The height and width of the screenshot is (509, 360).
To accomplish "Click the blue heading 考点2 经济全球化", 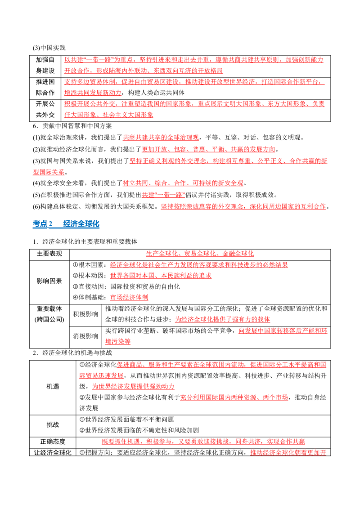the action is point(66,223).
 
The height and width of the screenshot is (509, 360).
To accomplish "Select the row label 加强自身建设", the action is point(45,65).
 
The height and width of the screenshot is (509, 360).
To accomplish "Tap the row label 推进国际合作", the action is point(45,87).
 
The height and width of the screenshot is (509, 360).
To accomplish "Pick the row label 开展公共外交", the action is point(45,109).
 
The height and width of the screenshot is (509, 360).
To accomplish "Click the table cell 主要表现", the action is point(49,254).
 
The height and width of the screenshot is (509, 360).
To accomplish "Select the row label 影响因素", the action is point(49,281).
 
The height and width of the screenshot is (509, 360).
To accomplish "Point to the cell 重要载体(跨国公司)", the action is point(49,314).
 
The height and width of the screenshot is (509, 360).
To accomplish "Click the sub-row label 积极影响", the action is point(85,314).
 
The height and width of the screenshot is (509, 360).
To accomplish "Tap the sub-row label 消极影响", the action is point(85,336).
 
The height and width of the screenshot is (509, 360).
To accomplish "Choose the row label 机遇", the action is point(53,387).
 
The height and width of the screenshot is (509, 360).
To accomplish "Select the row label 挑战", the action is point(53,425).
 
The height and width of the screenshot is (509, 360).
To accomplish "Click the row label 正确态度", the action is point(53,442).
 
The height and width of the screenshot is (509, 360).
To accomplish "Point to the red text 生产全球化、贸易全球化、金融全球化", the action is point(200,254).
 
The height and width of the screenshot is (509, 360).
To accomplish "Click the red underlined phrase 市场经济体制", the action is point(129,297).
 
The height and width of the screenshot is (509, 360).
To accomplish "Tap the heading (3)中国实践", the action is point(49,48).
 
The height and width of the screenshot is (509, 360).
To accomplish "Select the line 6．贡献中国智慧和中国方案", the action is point(72,126).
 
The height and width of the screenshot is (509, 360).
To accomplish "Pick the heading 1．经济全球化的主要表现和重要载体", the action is point(85,241).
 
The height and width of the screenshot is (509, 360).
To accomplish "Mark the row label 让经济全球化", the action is point(53,452).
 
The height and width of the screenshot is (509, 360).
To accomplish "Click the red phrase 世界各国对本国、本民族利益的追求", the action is point(161,276).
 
